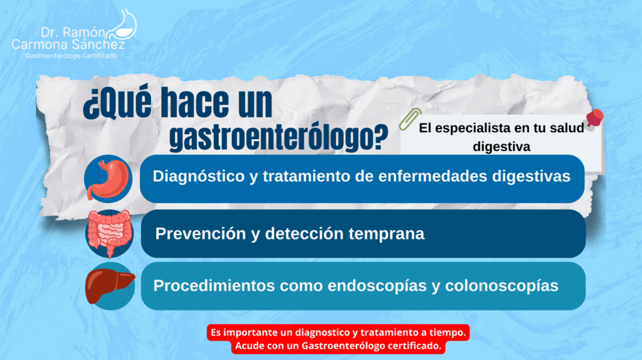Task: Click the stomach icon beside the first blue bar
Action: coord(108,179)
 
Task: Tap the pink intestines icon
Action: coord(109,233)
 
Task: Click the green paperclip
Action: coord(410,119)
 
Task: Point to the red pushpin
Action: coord(594,119)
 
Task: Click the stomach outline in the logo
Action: coord(124,24)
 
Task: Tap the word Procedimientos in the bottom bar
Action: coord(214,285)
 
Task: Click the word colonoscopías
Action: coord(502,286)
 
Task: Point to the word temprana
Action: coord(386,234)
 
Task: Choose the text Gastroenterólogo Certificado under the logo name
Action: coord(71,56)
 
